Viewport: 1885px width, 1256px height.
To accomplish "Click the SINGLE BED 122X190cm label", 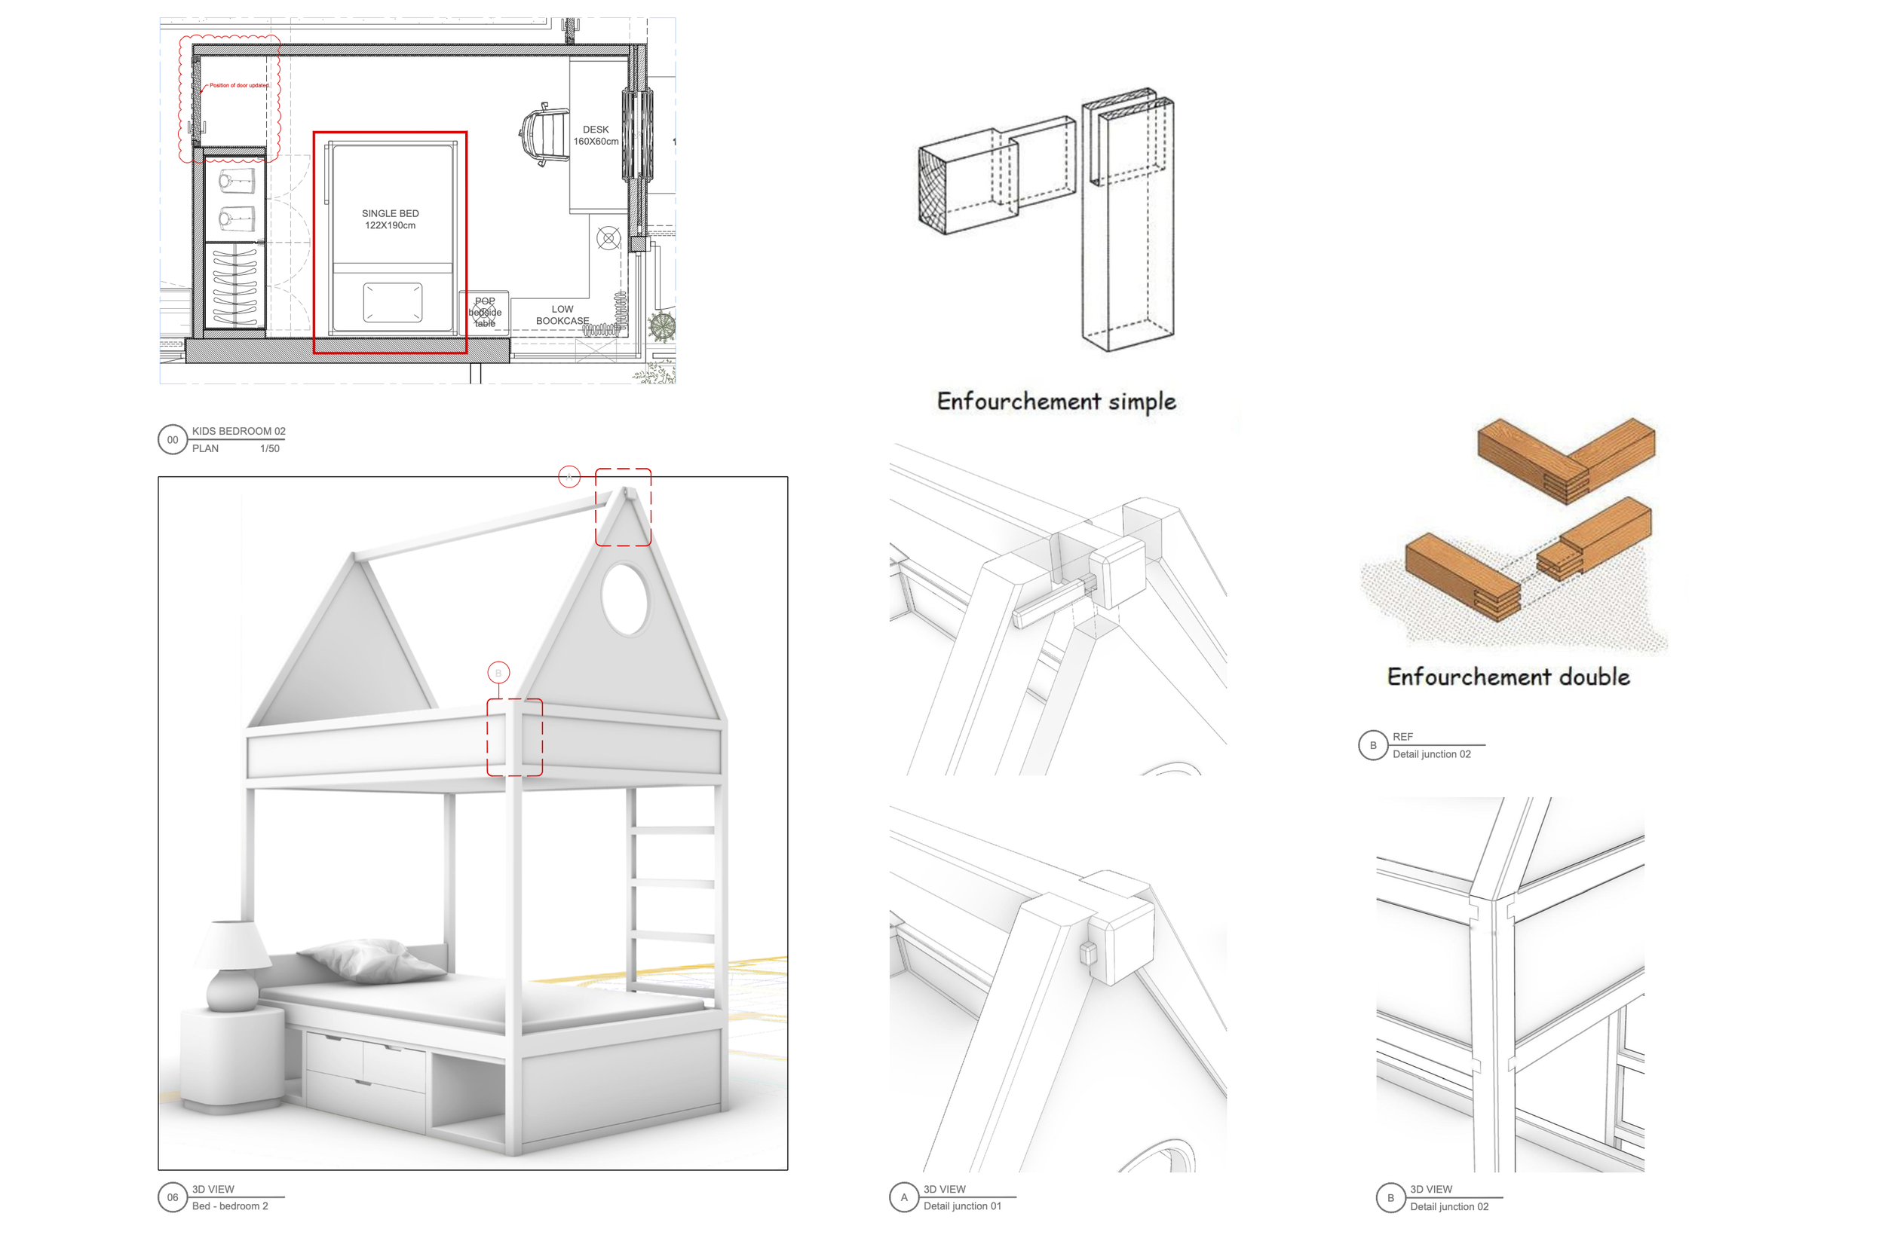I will pos(391,219).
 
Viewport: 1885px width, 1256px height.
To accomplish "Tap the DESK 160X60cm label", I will pos(596,136).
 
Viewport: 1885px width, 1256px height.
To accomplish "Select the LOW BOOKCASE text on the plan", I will pos(562,315).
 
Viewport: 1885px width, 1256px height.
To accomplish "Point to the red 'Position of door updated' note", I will pos(239,85).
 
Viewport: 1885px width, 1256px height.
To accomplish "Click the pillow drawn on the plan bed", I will pos(393,303).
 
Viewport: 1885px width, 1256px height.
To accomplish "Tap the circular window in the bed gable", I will pos(624,598).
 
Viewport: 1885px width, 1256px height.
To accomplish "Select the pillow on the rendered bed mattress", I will pos(372,959).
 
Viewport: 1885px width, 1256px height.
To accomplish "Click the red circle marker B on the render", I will pos(498,673).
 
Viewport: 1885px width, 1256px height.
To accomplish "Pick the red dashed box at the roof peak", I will pos(623,507).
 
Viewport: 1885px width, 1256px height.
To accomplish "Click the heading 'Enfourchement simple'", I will pos(1056,401).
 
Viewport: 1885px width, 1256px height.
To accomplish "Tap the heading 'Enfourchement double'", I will pos(1508,677).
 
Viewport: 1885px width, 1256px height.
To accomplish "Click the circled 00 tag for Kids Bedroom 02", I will pos(173,440).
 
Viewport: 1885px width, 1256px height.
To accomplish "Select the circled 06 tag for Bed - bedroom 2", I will pos(173,1197).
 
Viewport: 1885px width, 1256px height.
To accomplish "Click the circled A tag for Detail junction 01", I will pos(904,1197).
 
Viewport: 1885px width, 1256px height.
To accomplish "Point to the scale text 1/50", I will pos(269,448).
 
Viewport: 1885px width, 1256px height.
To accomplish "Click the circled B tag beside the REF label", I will pos(1373,745).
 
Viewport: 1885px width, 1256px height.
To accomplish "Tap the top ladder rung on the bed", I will pos(673,830).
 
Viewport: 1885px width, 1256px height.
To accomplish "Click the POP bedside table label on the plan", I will pos(485,313).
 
